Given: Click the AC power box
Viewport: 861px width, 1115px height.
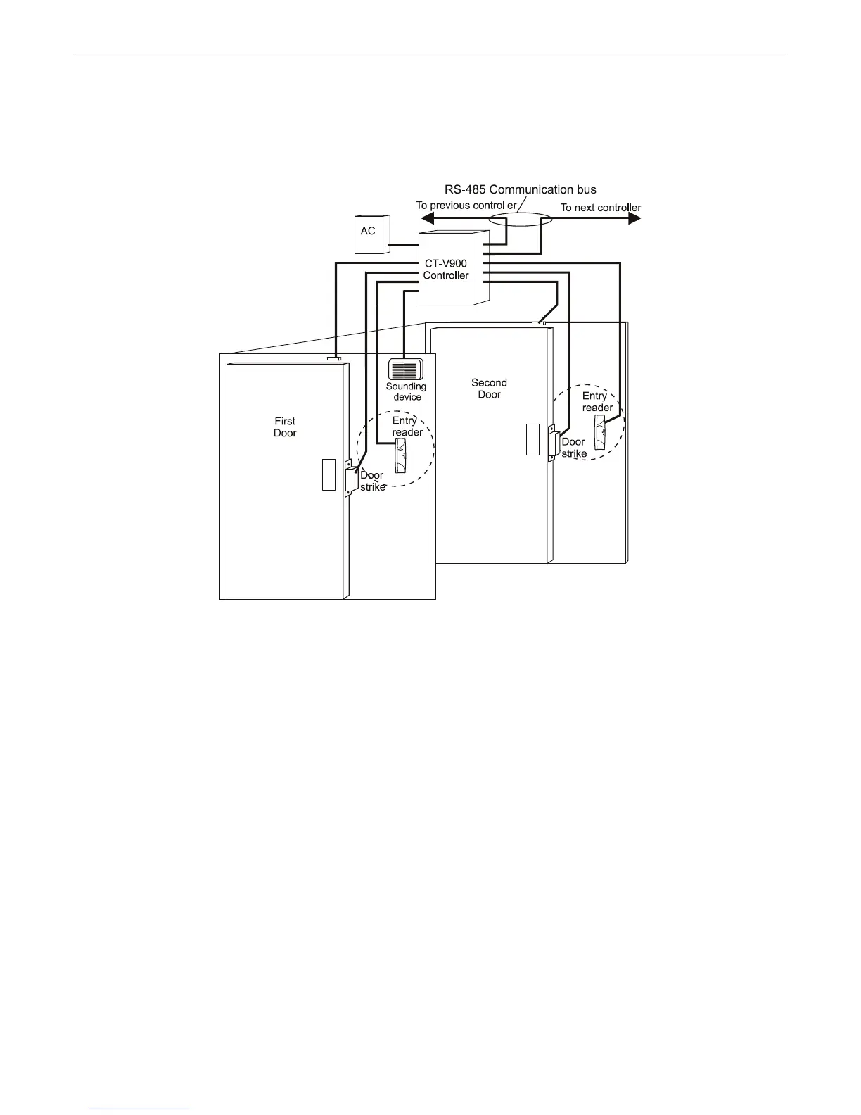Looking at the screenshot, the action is [369, 235].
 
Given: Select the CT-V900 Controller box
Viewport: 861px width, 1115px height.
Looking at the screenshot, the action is [446, 270].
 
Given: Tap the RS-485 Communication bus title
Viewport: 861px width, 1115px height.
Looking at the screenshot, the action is [520, 189].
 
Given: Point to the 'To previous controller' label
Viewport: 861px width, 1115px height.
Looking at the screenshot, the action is [466, 206].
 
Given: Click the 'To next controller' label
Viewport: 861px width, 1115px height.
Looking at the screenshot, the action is [600, 208].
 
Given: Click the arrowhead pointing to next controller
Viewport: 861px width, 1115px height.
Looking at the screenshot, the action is [634, 218].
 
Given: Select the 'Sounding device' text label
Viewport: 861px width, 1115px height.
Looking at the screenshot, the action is [407, 391].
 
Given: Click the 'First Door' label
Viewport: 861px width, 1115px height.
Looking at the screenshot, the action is [285, 427].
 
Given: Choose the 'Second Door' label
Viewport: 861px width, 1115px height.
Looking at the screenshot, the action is [489, 389].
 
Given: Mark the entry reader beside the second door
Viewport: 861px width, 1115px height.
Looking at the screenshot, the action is [599, 432].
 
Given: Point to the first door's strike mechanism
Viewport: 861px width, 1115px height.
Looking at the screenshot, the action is [347, 480].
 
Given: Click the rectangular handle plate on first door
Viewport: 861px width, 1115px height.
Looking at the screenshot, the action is [328, 474].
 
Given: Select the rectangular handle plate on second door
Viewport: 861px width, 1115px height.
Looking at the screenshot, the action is [532, 440].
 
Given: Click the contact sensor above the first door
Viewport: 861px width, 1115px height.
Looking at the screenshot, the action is [334, 358].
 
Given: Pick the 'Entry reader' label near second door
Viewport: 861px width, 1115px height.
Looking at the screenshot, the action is [597, 402].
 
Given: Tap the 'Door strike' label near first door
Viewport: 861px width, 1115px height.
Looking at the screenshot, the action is [372, 481].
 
